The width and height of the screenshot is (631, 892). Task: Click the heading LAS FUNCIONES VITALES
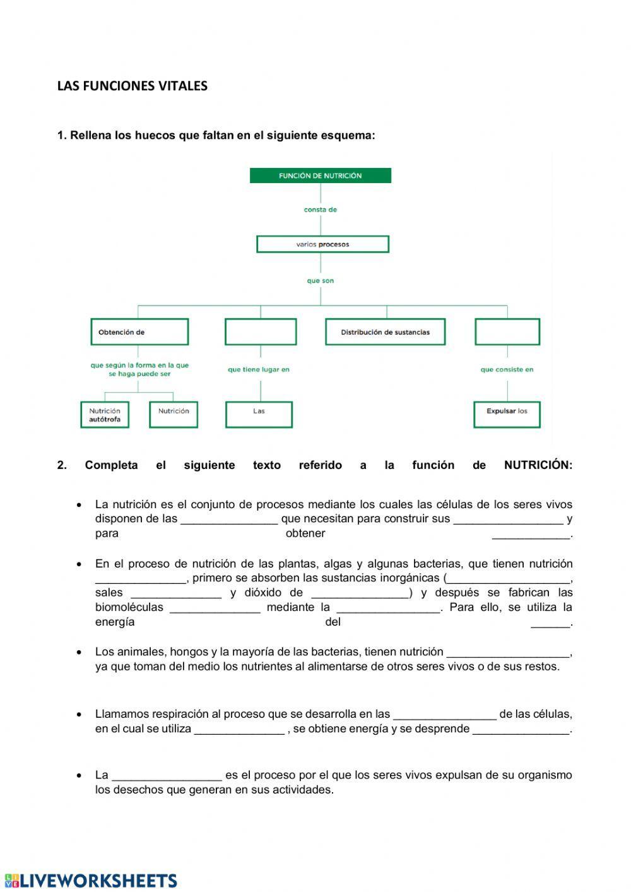[x=132, y=86]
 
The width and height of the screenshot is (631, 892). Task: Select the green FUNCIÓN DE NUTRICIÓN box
[x=321, y=175]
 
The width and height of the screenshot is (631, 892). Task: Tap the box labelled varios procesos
[x=322, y=244]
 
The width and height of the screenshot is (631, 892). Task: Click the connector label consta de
[x=321, y=210]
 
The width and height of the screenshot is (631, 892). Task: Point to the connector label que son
[x=321, y=281]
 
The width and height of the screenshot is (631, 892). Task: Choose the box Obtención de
[x=139, y=332]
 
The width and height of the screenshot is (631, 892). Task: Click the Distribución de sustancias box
[x=385, y=332]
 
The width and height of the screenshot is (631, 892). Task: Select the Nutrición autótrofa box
[x=105, y=415]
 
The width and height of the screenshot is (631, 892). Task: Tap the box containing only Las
[x=259, y=415]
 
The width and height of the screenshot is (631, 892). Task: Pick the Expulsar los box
[x=507, y=415]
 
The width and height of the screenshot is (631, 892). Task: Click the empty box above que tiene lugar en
[x=261, y=332]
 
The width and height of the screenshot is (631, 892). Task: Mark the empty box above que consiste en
[x=507, y=332]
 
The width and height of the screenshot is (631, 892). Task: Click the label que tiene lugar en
[x=259, y=369]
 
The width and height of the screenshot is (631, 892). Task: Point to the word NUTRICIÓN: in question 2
[x=538, y=465]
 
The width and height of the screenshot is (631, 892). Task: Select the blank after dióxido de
[x=360, y=593]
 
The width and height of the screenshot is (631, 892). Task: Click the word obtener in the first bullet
[x=305, y=533]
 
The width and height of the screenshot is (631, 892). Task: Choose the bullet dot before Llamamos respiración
[x=79, y=715]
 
